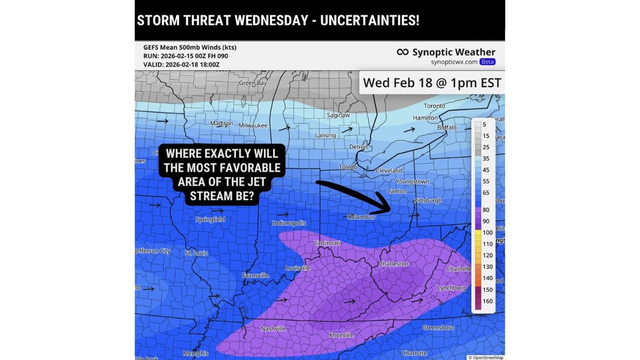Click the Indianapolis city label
tap(289, 223)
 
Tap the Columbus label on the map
tap(361, 217)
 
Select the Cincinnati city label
tap(326, 243)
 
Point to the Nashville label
tap(273, 328)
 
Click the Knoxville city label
tap(341, 335)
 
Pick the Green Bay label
tap(252, 83)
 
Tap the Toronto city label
tap(434, 106)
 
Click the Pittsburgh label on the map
tap(428, 200)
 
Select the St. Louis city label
tap(196, 253)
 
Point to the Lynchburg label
tap(451, 288)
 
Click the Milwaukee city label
tap(253, 125)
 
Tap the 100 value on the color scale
tap(487, 232)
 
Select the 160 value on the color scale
tap(487, 301)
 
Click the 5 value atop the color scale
tap(484, 124)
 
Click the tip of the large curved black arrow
tap(390, 210)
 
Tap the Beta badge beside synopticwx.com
tap(487, 62)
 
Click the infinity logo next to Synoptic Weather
tap(402, 52)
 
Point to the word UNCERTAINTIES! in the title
tap(369, 20)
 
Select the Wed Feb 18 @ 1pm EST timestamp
tap(431, 82)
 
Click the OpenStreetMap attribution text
tap(485, 357)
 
